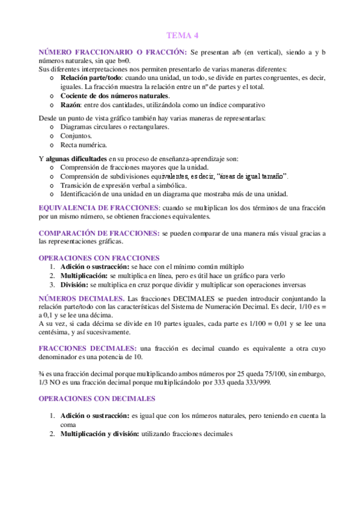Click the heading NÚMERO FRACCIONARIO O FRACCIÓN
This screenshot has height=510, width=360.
point(112,54)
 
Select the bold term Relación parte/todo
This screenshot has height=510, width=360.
point(91,78)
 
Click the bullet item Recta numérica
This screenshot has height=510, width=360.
point(84,145)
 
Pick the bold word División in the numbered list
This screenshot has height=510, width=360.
point(73,284)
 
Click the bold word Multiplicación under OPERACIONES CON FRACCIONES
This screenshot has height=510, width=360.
point(84,275)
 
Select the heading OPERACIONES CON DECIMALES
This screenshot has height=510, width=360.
point(97,398)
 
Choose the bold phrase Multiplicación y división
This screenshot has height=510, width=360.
point(99,433)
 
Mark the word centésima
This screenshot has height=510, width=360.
point(55,332)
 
